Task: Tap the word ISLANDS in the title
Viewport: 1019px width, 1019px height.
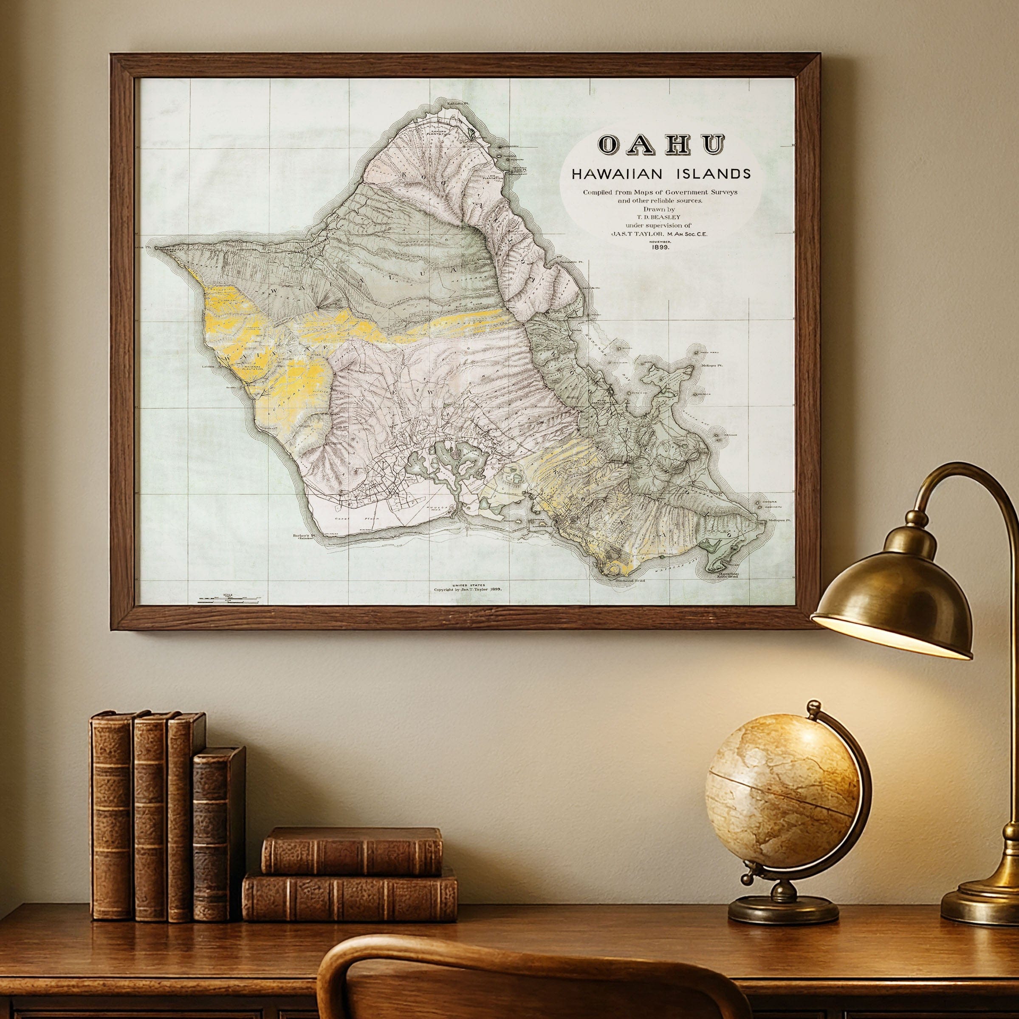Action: point(718,174)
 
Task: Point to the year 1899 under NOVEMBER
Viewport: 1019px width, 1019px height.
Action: point(661,247)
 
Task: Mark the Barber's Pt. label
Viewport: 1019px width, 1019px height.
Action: point(303,536)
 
